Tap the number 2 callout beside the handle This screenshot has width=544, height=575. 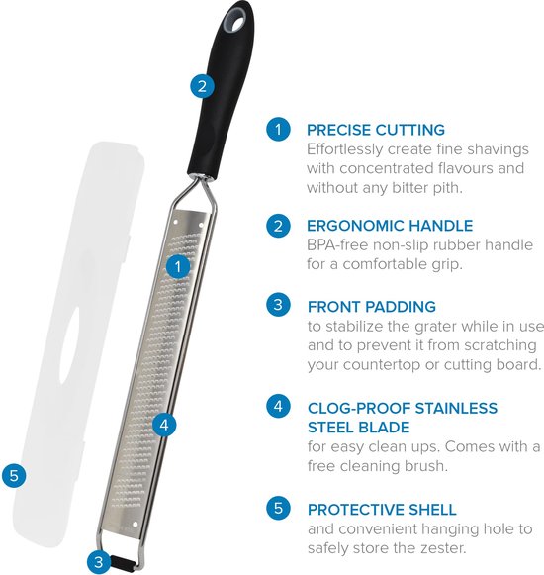click(202, 86)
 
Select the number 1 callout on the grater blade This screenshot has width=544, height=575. click(178, 266)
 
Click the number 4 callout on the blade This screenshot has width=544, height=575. click(164, 425)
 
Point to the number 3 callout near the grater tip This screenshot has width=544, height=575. click(99, 562)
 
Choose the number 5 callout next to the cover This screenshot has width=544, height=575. click(14, 476)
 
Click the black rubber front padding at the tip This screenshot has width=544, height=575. click(124, 562)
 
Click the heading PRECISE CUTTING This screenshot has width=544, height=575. click(376, 130)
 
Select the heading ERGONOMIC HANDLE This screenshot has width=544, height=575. click(390, 226)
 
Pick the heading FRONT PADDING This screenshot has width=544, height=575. click(372, 307)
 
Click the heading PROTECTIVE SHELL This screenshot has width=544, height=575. click(382, 510)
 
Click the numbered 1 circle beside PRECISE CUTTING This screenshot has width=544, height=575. click(278, 129)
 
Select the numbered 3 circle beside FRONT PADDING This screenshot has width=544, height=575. click(278, 305)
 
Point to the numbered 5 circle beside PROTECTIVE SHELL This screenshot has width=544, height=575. click(278, 508)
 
